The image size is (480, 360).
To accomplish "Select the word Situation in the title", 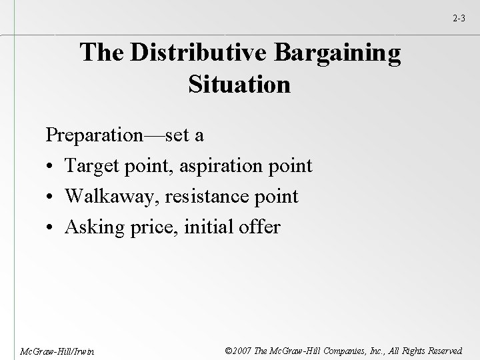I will click(x=239, y=85).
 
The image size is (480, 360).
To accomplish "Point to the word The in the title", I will click(x=101, y=54).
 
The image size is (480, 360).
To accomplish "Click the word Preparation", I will click(x=93, y=135).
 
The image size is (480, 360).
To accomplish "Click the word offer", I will click(x=257, y=227).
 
